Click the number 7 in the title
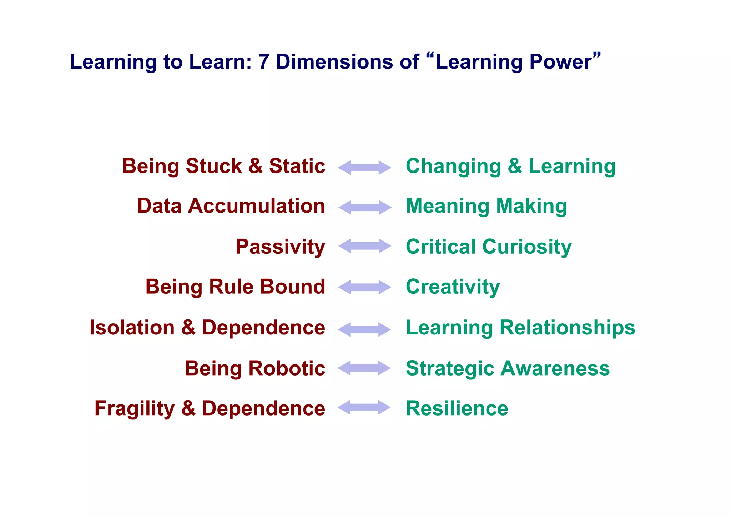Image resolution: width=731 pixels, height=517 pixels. (x=263, y=62)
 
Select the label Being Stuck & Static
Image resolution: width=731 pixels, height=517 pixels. (x=223, y=166)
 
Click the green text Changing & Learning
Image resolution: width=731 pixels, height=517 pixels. (x=511, y=166)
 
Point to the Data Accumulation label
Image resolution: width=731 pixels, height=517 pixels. (x=231, y=206)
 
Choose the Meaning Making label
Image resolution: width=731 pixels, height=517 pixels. (x=486, y=206)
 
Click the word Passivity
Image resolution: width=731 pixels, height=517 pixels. (x=280, y=247)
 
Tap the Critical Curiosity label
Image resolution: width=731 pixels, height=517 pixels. (x=489, y=247)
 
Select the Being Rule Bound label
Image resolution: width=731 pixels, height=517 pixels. (x=235, y=287)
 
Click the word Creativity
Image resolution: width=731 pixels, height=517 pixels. (x=453, y=287)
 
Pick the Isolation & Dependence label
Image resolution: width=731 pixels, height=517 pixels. (x=207, y=328)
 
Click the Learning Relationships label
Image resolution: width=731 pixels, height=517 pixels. (x=520, y=328)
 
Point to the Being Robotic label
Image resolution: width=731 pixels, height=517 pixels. (x=255, y=368)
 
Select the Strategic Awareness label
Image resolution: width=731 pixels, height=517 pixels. (x=508, y=368)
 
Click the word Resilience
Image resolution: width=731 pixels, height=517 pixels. (x=457, y=408)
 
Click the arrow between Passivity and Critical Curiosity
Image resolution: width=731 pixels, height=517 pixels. (x=364, y=246)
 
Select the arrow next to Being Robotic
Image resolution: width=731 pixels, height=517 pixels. (x=364, y=368)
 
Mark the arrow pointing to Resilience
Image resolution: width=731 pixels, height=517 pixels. (x=364, y=408)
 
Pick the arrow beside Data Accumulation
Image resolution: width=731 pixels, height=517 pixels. (x=364, y=207)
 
